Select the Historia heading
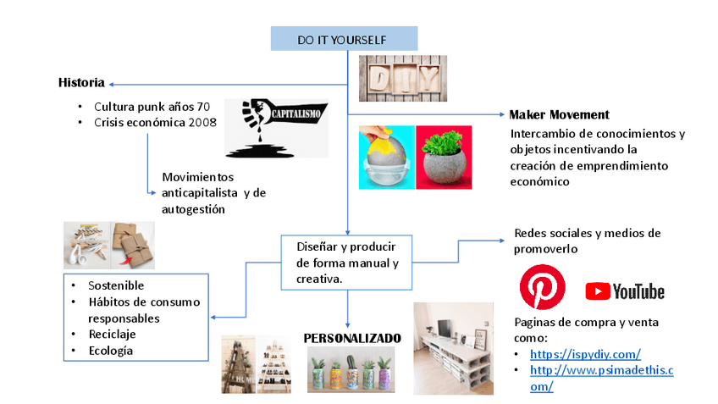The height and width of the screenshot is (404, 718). pyautogui.click(x=81, y=83)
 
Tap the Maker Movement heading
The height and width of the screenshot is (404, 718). pyautogui.click(x=559, y=115)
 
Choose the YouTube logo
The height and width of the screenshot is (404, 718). pyautogui.click(x=625, y=291)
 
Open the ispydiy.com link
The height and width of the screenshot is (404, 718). pyautogui.click(x=585, y=355)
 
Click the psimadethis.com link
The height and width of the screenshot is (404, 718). pyautogui.click(x=601, y=378)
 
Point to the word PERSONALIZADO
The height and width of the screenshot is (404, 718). pyautogui.click(x=352, y=339)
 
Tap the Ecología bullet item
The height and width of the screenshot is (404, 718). pyautogui.click(x=111, y=351)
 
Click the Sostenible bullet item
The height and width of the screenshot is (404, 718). pyautogui.click(x=116, y=285)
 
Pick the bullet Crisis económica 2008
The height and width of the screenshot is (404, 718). pyautogui.click(x=155, y=122)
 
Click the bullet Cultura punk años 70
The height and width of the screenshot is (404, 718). pyautogui.click(x=152, y=107)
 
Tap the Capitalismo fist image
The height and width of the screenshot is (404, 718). pyautogui.click(x=276, y=127)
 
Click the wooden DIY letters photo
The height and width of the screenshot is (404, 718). pyautogui.click(x=402, y=78)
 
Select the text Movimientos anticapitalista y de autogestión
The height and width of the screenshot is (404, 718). pyautogui.click(x=213, y=194)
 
